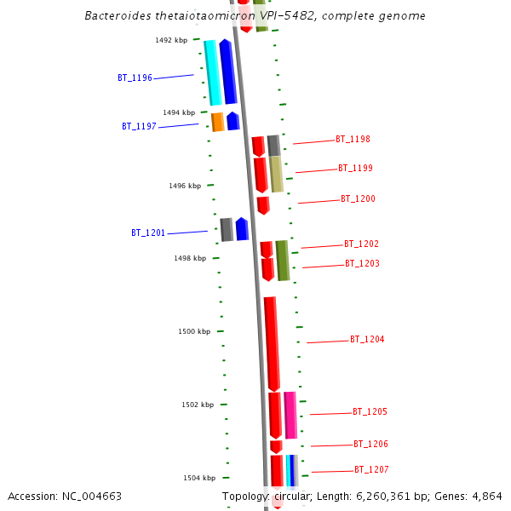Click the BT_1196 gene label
(135, 78)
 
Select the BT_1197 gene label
(139, 126)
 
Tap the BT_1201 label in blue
(148, 233)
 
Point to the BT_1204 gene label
(367, 340)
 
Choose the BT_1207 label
(371, 470)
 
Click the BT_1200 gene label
(358, 199)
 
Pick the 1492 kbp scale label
(171, 40)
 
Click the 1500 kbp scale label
(194, 331)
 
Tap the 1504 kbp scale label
(199, 479)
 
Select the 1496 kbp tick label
(185, 186)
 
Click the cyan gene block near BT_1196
(212, 72)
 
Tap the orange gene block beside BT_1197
(218, 122)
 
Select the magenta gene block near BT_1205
(290, 415)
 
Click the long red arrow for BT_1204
(272, 343)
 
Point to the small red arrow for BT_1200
(263, 205)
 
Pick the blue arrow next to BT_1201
(242, 229)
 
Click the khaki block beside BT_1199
(277, 174)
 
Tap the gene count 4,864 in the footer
(484, 497)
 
